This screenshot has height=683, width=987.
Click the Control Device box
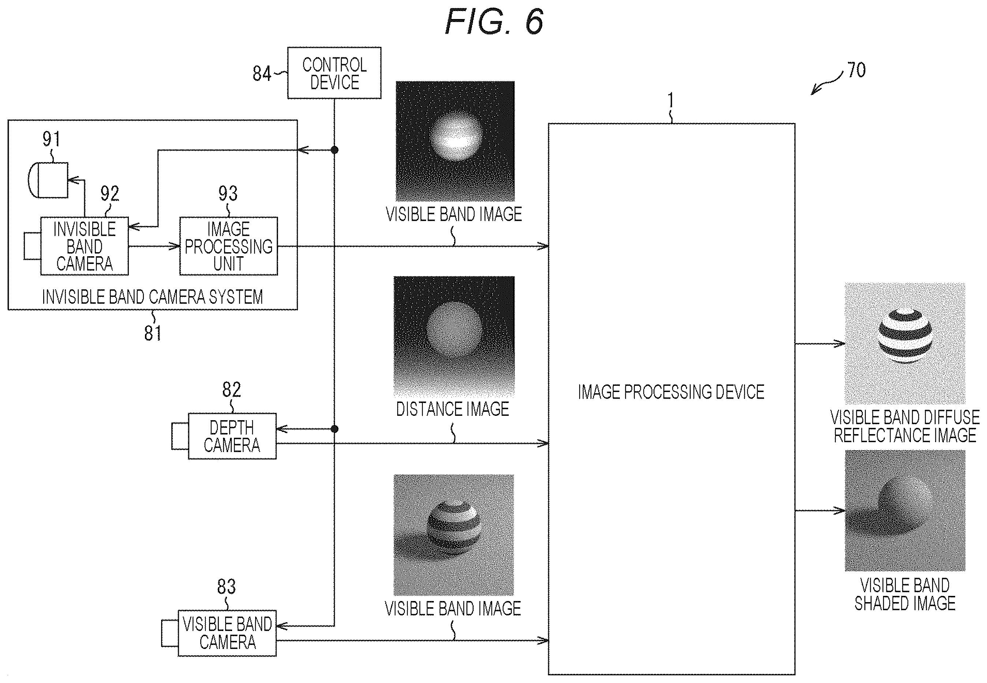(x=334, y=73)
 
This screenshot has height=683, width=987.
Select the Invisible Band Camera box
(x=84, y=246)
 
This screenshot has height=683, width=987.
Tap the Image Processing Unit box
(x=228, y=246)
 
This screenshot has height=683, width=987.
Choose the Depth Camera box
(x=232, y=436)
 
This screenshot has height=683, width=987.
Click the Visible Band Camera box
(x=227, y=633)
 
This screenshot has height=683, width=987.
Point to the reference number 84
(x=261, y=74)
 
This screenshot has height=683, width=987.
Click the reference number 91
(x=51, y=139)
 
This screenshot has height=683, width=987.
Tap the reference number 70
(x=856, y=70)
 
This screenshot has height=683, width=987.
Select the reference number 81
(x=153, y=333)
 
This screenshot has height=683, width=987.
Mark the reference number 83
(x=226, y=587)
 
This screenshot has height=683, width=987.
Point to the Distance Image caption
(x=452, y=410)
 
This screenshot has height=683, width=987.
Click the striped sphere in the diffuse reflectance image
(x=905, y=336)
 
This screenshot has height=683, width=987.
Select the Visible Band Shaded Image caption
(x=905, y=594)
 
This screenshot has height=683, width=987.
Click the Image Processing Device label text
(x=671, y=392)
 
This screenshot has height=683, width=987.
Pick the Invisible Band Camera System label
(x=152, y=297)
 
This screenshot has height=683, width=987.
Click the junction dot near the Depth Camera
(x=335, y=429)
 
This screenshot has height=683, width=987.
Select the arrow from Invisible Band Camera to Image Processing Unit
(x=154, y=246)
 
